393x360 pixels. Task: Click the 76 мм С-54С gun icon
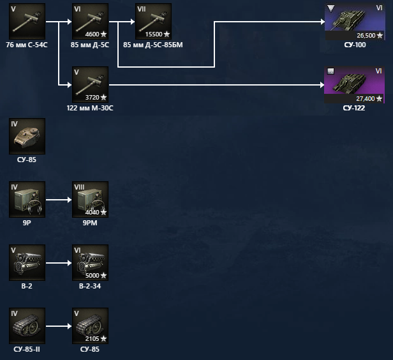[27, 21]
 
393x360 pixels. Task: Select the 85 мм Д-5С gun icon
[90, 21]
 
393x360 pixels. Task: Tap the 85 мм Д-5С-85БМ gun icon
[153, 21]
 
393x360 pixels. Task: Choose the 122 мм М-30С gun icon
[90, 84]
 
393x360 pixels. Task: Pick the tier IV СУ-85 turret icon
[27, 135]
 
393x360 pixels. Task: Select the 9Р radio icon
[27, 199]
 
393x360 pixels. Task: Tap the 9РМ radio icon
[90, 199]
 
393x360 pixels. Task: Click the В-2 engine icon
[27, 262]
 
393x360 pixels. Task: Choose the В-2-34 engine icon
[90, 262]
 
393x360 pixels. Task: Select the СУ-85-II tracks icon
[27, 326]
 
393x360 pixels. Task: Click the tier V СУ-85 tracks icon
[90, 326]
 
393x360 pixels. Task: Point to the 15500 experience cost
[154, 34]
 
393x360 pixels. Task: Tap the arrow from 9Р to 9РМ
[58, 199]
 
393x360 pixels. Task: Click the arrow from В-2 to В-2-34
[58, 262]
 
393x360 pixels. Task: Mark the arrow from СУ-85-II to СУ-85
[58, 326]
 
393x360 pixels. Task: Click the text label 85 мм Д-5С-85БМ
[153, 45]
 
